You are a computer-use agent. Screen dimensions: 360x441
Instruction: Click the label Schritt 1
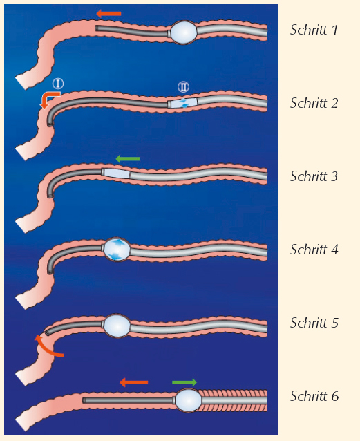(314, 30)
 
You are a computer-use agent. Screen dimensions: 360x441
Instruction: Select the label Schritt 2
(314, 103)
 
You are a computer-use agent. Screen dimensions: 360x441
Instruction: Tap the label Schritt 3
(314, 176)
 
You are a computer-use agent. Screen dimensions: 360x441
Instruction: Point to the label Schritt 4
(314, 250)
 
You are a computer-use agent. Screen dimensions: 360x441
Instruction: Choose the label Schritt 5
(314, 323)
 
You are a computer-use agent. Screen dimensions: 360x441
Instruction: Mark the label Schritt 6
(314, 396)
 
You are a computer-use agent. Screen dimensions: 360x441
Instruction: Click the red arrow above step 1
(108, 14)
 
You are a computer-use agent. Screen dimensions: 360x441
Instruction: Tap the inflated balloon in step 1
(184, 32)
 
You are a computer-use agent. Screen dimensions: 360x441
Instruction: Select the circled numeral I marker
(58, 84)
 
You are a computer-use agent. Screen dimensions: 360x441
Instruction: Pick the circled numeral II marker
(183, 87)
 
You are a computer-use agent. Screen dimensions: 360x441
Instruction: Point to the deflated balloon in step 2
(183, 103)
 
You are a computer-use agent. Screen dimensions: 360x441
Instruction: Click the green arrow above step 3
(128, 159)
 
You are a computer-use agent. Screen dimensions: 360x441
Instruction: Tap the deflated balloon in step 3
(116, 173)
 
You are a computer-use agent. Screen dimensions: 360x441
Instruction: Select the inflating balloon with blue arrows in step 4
(117, 250)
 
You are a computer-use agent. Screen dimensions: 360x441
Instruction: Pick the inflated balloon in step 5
(117, 326)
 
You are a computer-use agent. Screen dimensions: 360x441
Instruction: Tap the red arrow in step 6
(133, 382)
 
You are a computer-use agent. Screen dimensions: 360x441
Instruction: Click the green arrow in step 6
(184, 382)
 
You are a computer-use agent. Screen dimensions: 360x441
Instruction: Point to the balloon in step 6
(188, 400)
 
